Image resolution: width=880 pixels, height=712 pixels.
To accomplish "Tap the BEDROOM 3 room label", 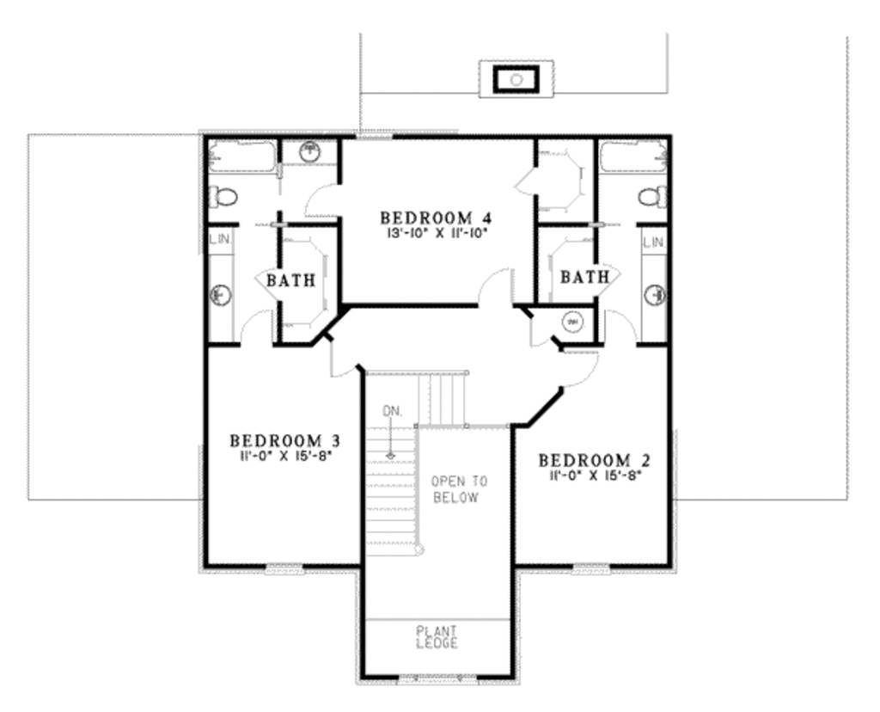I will point(284,440).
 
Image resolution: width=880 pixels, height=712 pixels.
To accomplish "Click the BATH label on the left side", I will point(290,280).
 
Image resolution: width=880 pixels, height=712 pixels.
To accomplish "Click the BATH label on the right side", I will point(584,277).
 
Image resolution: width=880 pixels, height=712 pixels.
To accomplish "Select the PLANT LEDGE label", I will point(437,637).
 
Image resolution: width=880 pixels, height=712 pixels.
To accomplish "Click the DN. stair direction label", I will point(392,412).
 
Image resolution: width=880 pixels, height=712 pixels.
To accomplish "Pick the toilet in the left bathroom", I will point(222,196).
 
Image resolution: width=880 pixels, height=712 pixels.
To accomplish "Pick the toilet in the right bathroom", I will point(652,196).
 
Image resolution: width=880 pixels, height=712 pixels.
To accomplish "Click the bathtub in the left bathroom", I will point(241,157).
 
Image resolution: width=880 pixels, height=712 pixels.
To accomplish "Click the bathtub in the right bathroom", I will point(632,157).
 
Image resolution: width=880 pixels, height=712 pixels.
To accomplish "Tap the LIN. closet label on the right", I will point(653,243).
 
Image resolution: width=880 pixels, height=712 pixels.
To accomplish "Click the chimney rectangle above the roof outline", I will point(516,79).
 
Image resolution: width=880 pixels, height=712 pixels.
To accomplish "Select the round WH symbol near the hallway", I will point(572,322).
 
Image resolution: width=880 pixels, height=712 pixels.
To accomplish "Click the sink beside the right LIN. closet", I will point(656,295).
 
